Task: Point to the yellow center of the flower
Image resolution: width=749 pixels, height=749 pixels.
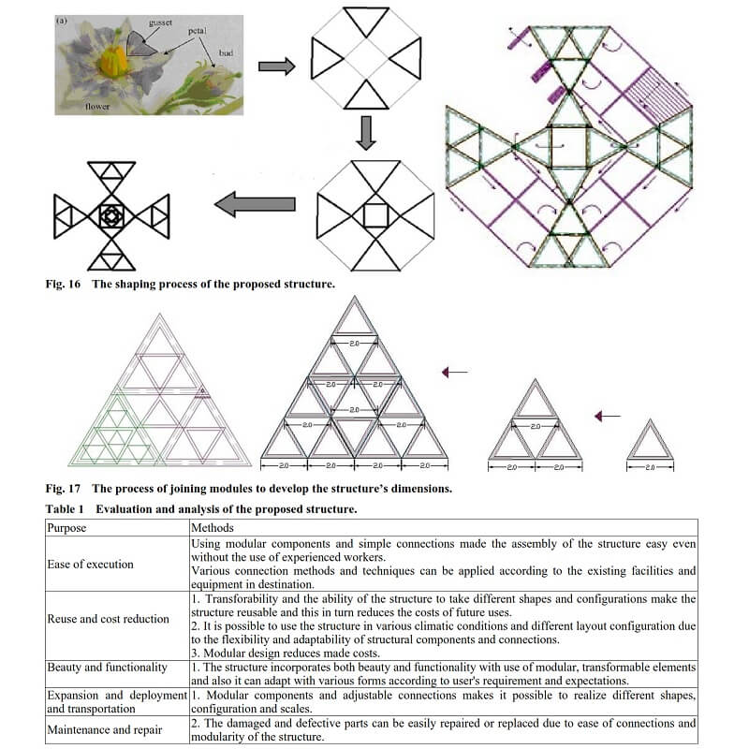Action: [114, 62]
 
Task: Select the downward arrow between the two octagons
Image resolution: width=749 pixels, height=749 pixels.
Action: [366, 132]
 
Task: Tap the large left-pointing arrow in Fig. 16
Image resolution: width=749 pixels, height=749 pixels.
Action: [256, 203]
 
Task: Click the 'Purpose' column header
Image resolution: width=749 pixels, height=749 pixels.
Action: [66, 528]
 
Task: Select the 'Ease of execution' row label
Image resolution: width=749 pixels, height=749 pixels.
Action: [91, 564]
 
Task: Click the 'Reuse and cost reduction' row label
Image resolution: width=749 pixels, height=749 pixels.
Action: [109, 618]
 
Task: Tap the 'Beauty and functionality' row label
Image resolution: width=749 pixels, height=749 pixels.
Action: [106, 667]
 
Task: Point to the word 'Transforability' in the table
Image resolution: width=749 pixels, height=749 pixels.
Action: [243, 597]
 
